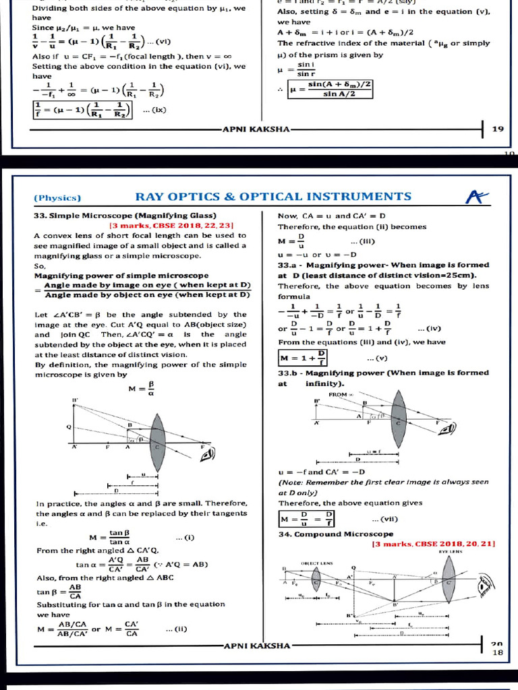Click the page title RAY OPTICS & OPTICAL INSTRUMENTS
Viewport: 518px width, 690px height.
coord(273,197)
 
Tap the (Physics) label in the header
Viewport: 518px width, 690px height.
coord(57,198)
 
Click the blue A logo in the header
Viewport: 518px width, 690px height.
coord(476,196)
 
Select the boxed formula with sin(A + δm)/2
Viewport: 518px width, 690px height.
coord(330,89)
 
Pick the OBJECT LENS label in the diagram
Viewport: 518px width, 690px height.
coord(317,563)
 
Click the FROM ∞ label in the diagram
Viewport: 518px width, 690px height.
coord(338,394)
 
